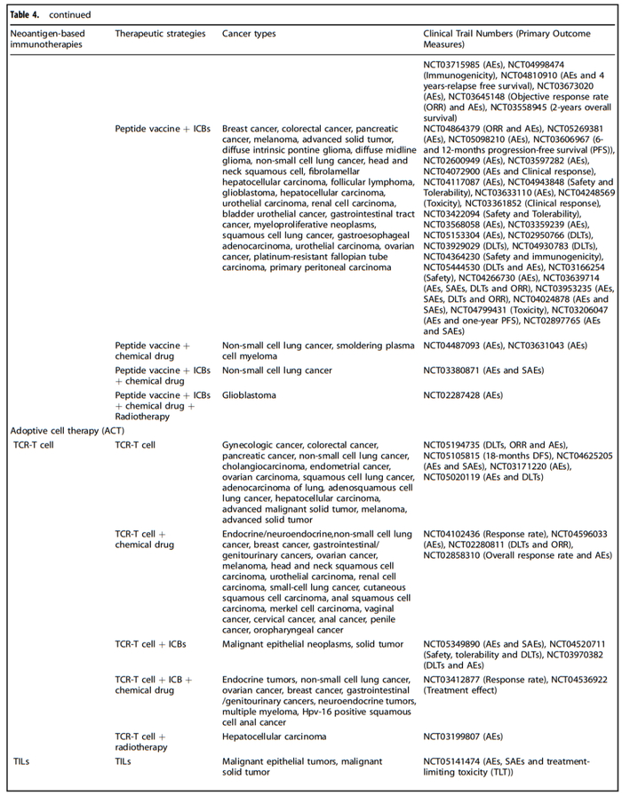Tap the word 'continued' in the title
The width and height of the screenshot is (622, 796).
coord(68,14)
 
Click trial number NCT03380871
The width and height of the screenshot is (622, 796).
coord(457,370)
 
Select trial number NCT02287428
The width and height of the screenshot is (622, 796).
coord(457,394)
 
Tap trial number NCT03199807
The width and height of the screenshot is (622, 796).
coord(457,736)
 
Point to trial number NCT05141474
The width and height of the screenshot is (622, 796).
coord(457,761)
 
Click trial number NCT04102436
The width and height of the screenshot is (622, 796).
coord(457,534)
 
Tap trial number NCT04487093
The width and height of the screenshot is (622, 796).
coord(457,345)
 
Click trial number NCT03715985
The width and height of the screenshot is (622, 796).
coord(457,65)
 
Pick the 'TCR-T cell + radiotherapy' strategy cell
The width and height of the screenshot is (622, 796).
coord(141,742)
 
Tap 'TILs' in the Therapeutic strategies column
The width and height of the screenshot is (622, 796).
coord(125,761)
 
